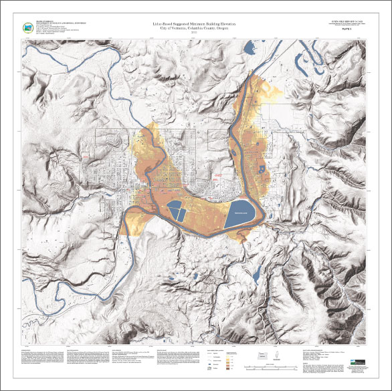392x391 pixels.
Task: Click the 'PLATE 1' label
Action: pyautogui.click(x=347, y=29)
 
